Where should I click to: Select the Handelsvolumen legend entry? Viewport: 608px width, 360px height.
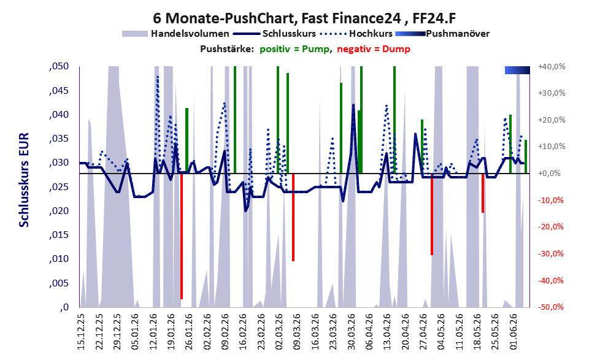tap(175, 34)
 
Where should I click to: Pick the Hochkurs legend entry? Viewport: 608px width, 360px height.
tap(356, 34)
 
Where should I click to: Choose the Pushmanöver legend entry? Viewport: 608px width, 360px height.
tap(442, 34)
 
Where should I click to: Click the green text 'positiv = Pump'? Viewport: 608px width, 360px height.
tap(294, 49)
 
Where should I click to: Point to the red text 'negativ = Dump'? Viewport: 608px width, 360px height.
tap(374, 49)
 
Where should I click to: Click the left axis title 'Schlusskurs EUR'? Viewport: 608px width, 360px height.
tap(24, 180)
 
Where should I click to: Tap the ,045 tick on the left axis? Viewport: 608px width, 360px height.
tap(59, 91)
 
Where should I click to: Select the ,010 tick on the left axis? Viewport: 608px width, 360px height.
tap(59, 259)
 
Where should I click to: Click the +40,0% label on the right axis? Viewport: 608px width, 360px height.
tap(552, 67)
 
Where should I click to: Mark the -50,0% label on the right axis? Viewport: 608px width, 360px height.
tap(550, 307)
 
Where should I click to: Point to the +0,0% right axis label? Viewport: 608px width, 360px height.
tap(550, 173)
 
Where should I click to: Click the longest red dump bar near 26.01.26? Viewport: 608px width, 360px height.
tap(182, 236)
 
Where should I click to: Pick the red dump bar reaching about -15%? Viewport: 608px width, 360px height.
tap(483, 193)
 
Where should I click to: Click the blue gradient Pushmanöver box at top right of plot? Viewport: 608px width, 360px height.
tap(517, 70)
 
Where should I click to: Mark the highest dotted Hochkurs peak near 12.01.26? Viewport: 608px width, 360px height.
tap(158, 77)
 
